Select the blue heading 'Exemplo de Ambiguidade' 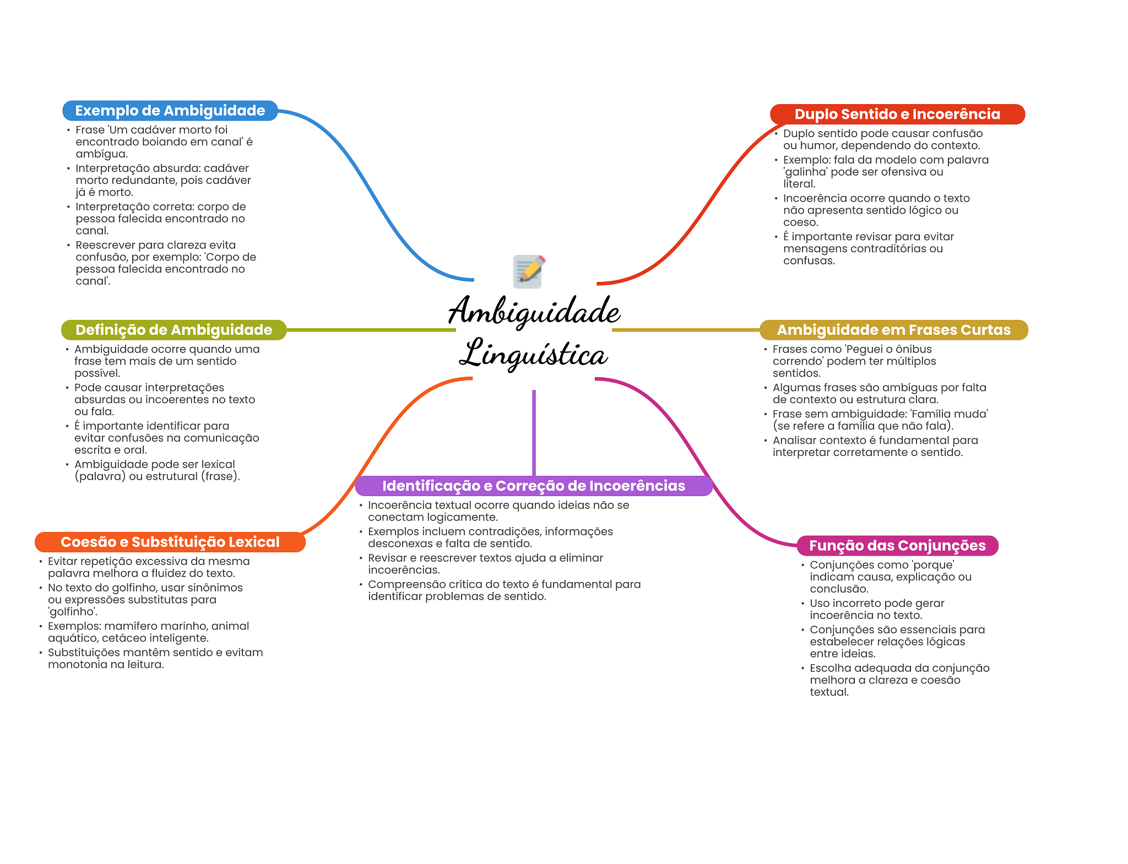tap(170, 111)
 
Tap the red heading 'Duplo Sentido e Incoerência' tap(897, 114)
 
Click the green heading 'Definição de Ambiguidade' tap(173, 330)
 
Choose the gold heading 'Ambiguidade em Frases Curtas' tap(893, 330)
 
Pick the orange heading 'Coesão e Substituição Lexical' tap(170, 542)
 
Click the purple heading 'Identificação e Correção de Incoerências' tap(533, 486)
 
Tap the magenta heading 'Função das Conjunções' tap(897, 546)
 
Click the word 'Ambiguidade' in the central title tap(534, 312)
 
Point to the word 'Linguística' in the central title tap(533, 354)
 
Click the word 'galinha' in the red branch tap(806, 172)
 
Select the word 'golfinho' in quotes tap(72, 612)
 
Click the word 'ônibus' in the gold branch tap(914, 349)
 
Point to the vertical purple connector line tap(534, 432)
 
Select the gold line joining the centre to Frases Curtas tap(685, 330)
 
